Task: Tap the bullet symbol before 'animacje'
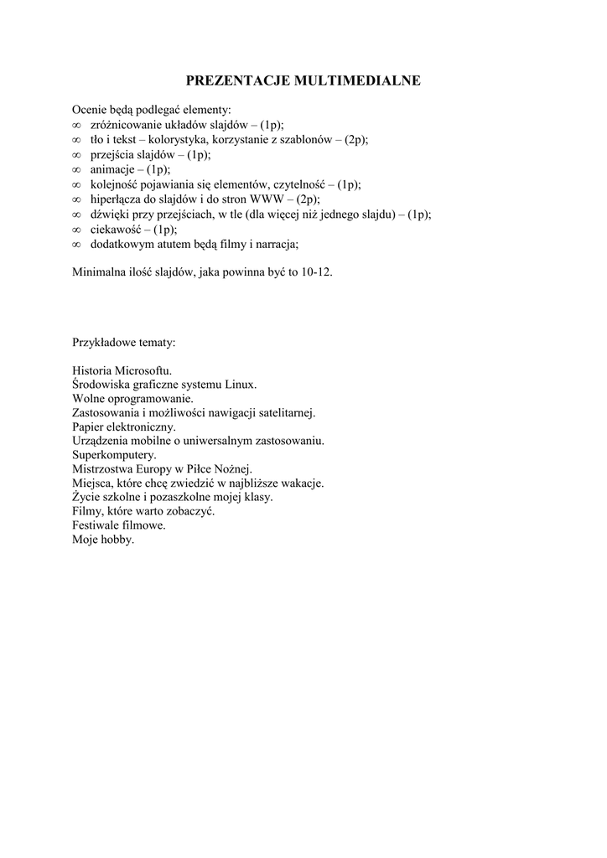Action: [x=76, y=169]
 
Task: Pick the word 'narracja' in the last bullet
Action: [x=276, y=245]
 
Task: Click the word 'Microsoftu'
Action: [x=144, y=370]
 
